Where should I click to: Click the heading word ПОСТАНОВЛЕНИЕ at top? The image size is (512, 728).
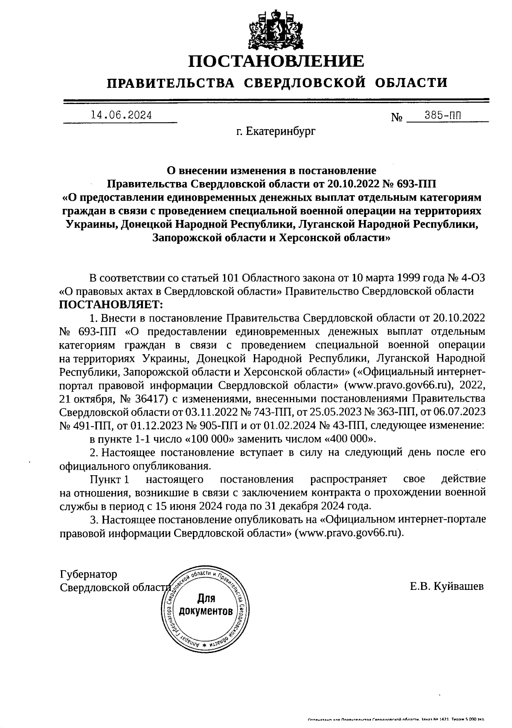[x=276, y=61]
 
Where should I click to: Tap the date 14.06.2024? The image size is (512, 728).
[x=121, y=115]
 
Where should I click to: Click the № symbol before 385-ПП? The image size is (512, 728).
[x=397, y=117]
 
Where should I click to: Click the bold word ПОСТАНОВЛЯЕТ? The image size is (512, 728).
[x=111, y=304]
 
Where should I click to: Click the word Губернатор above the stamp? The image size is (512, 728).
[x=88, y=574]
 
